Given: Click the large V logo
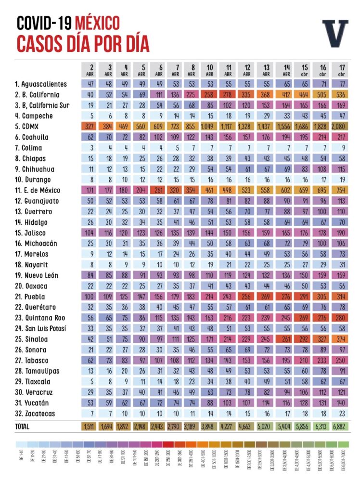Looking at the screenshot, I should click(x=334, y=33).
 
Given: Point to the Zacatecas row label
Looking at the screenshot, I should click(x=35, y=414).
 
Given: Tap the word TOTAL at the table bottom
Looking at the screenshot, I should click(x=22, y=427).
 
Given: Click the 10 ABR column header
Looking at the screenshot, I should click(x=210, y=70).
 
